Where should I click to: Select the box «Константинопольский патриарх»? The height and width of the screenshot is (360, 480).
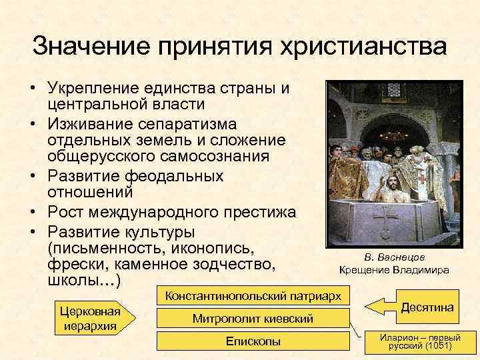tap(253, 295)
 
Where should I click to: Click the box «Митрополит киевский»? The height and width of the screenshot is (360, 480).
tap(253, 319)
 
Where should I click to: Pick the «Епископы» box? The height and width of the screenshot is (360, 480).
tap(253, 342)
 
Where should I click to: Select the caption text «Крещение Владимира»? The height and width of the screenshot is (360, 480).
tap(394, 270)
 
